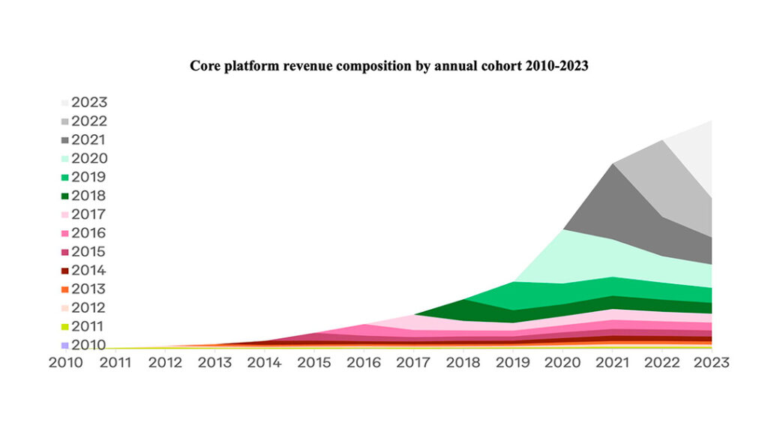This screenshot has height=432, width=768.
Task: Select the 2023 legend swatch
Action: pyautogui.click(x=65, y=103)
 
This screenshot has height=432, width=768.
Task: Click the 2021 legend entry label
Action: pyautogui.click(x=89, y=139)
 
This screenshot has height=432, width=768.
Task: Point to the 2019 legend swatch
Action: pyautogui.click(x=65, y=178)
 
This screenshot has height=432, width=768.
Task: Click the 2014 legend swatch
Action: pyautogui.click(x=65, y=271)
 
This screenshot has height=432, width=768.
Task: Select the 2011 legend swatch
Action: pyautogui.click(x=65, y=327)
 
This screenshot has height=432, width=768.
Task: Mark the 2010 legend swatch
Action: pyautogui.click(x=65, y=345)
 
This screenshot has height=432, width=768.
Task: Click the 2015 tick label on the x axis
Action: pyautogui.click(x=314, y=362)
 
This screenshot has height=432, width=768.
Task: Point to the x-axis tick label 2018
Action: pyautogui.click(x=463, y=362)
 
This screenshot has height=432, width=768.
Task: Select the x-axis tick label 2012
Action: pyautogui.click(x=166, y=362)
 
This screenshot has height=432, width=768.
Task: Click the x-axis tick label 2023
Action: pyautogui.click(x=711, y=362)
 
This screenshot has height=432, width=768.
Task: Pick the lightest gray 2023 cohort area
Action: pyautogui.click(x=694, y=161)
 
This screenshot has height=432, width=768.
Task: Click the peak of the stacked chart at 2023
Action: pyautogui.click(x=710, y=121)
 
